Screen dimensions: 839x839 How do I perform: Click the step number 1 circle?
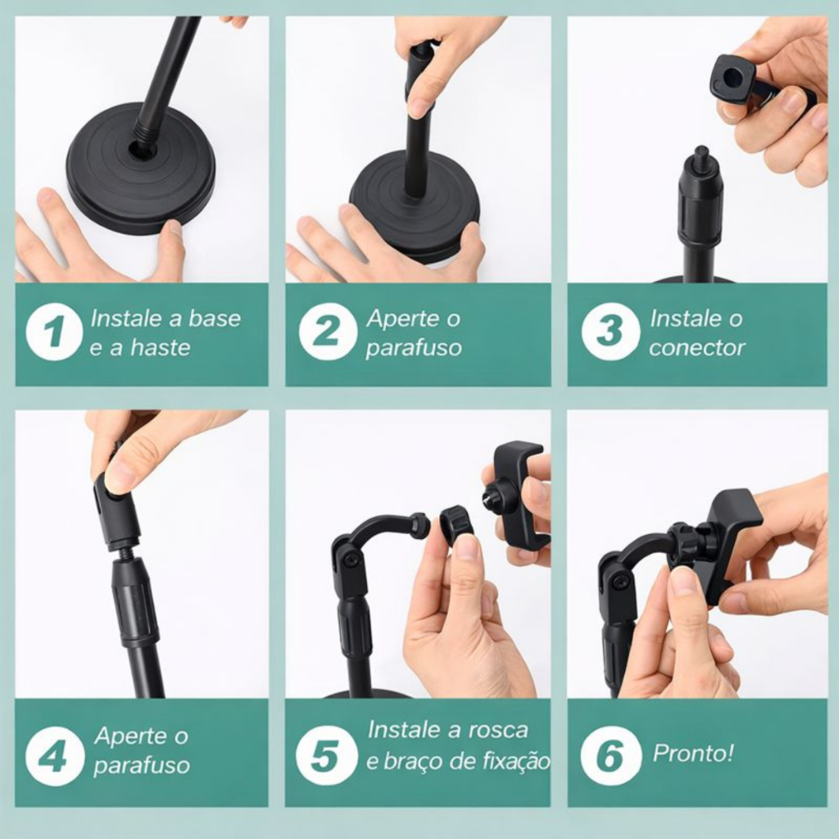click(x=54, y=331)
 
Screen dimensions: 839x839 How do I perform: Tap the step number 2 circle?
click(x=328, y=331)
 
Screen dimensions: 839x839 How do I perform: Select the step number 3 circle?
click(x=610, y=331)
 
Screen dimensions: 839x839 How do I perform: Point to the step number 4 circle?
click(x=55, y=756)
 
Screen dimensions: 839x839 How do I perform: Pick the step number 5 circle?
click(x=326, y=755)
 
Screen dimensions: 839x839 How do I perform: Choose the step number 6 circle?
click(x=610, y=755)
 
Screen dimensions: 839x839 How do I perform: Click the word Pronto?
click(x=693, y=754)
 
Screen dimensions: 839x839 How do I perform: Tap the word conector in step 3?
click(x=696, y=348)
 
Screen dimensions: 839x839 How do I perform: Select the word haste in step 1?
click(x=161, y=347)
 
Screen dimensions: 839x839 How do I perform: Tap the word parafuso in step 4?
click(x=142, y=766)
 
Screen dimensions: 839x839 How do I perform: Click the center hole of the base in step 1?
click(x=143, y=151)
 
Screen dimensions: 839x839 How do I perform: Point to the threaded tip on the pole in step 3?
click(x=701, y=154)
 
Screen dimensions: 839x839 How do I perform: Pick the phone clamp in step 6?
click(x=723, y=541)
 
